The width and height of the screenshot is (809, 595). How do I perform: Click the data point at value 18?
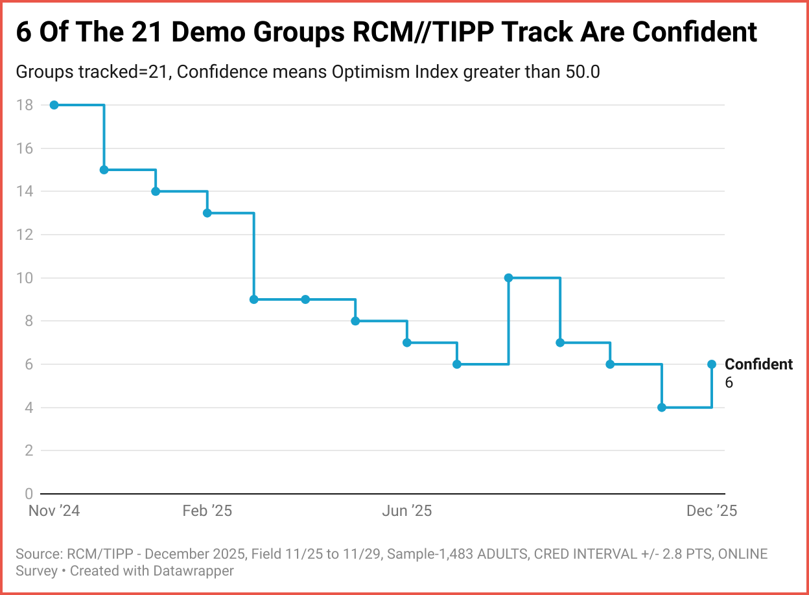click(x=54, y=105)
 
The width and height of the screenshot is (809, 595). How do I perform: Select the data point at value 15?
click(x=104, y=170)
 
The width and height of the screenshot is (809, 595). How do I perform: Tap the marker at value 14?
click(x=156, y=191)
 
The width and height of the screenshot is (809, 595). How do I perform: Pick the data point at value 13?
click(x=207, y=213)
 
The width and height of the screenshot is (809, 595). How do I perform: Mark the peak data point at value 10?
click(x=508, y=277)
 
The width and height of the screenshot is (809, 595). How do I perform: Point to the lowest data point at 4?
click(x=661, y=407)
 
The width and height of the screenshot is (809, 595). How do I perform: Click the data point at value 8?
click(x=355, y=321)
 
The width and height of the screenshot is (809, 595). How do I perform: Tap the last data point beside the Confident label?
click(x=712, y=364)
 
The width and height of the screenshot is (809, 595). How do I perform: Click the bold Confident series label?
click(x=758, y=364)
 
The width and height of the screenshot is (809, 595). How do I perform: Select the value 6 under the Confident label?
click(x=729, y=382)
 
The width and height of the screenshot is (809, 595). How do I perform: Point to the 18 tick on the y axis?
click(x=25, y=105)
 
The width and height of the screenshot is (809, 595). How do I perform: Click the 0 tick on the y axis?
click(x=29, y=494)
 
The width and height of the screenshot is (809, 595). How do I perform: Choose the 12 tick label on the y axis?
click(x=25, y=235)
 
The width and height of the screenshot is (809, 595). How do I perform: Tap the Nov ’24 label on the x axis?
click(x=54, y=511)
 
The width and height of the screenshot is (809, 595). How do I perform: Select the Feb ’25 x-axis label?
click(x=207, y=511)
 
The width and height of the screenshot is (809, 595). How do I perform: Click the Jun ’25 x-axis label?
click(x=406, y=511)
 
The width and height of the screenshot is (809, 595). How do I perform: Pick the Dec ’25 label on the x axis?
click(x=712, y=511)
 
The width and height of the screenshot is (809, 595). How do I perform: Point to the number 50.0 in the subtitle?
click(x=580, y=72)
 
